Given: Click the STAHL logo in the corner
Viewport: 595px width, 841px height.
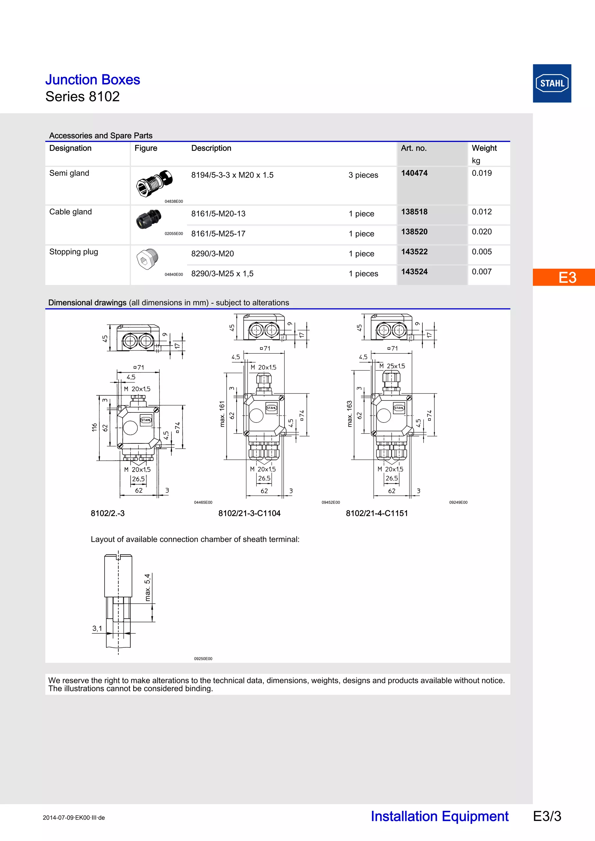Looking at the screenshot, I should pyautogui.click(x=552, y=83).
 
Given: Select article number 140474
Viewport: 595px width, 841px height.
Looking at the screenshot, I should pyautogui.click(x=414, y=173).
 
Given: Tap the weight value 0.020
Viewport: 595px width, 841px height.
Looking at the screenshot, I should pyautogui.click(x=481, y=232).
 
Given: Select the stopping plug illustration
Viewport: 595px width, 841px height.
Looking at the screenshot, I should pyautogui.click(x=147, y=259).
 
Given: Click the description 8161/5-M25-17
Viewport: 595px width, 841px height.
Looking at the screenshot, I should pyautogui.click(x=218, y=234).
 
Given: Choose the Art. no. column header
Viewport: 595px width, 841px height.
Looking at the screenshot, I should pyautogui.click(x=413, y=148).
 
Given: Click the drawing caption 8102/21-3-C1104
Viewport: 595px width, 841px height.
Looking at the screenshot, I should pyautogui.click(x=249, y=513).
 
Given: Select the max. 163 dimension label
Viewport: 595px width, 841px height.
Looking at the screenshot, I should pyautogui.click(x=350, y=414).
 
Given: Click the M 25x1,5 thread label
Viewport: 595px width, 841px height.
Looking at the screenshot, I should pyautogui.click(x=392, y=366).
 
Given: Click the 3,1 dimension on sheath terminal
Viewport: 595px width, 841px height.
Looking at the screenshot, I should pyautogui.click(x=97, y=628).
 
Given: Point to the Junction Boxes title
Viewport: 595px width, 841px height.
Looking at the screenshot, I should pyautogui.click(x=92, y=80).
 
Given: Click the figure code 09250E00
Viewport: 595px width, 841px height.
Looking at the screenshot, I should pyautogui.click(x=203, y=658).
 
